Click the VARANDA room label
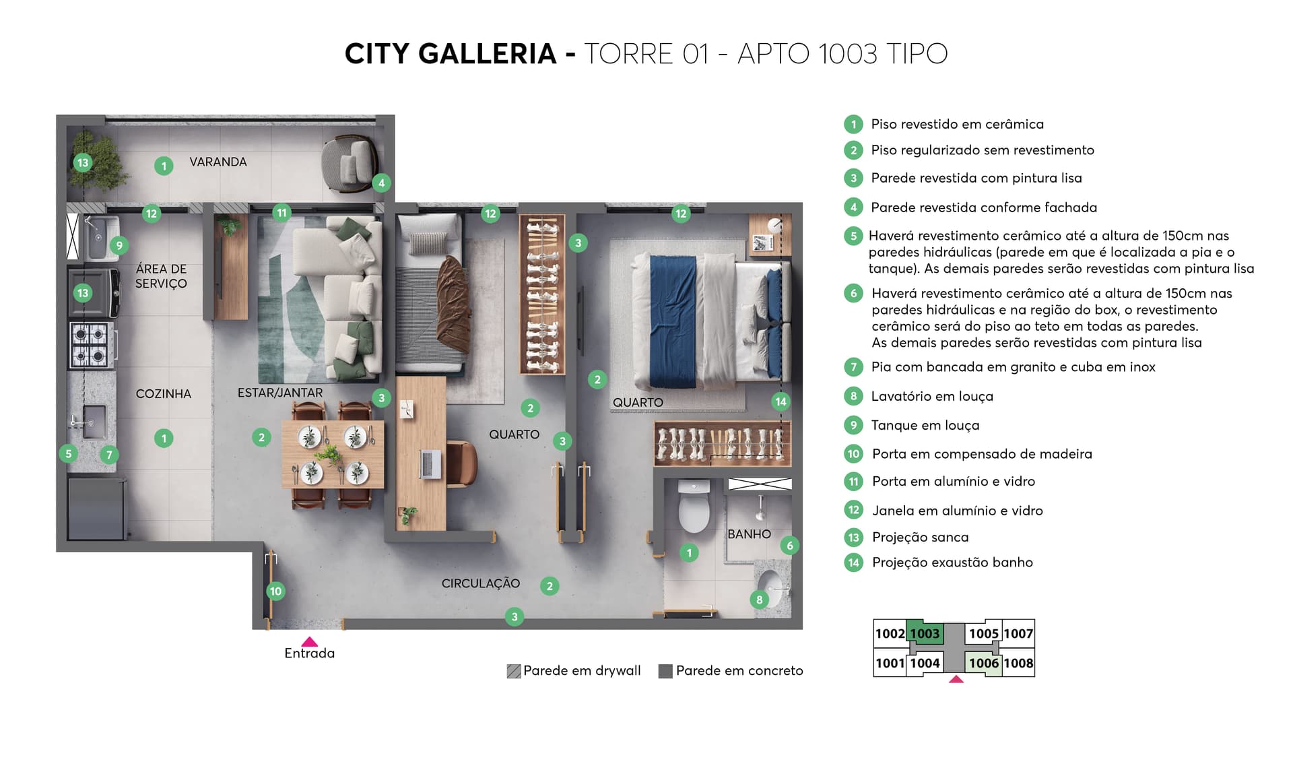click(x=218, y=162)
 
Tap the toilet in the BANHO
click(x=693, y=507)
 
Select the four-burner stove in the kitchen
click(x=90, y=345)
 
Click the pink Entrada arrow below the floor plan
click(x=309, y=642)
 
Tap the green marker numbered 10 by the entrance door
click(x=275, y=591)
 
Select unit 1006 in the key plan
click(x=983, y=663)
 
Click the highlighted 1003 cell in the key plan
click(x=925, y=633)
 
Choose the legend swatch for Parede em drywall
click(x=514, y=671)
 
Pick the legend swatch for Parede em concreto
click(x=665, y=671)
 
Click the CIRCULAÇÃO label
click(x=480, y=583)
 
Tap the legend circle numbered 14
click(x=853, y=562)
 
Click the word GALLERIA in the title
click(x=487, y=53)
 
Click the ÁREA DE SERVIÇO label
click(x=161, y=276)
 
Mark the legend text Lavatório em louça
click(x=931, y=396)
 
